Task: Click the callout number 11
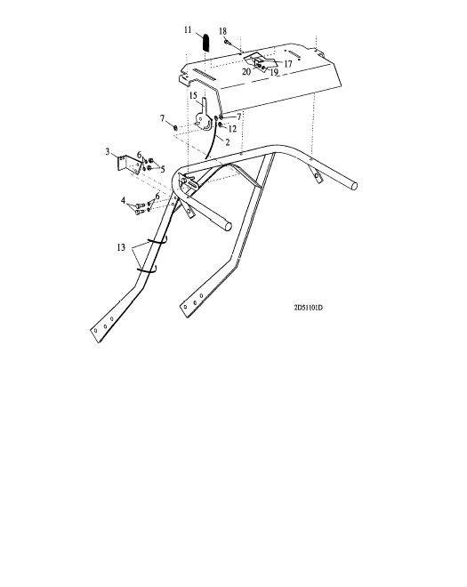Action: [x=188, y=30]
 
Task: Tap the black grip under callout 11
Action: [x=206, y=43]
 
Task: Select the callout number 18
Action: [x=223, y=31]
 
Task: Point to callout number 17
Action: [x=287, y=64]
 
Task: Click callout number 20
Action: [x=246, y=71]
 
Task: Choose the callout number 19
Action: [x=274, y=72]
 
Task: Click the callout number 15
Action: [x=193, y=95]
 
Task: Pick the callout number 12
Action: [x=232, y=129]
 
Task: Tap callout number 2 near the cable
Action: [x=228, y=142]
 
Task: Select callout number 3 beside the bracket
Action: [x=108, y=151]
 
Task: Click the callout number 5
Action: [x=163, y=170]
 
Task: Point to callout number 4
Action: [x=123, y=201]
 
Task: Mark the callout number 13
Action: [x=121, y=247]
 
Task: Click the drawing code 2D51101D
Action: [x=308, y=308]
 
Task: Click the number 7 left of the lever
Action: [x=162, y=118]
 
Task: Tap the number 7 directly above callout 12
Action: [x=239, y=117]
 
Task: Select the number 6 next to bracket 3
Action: [x=140, y=155]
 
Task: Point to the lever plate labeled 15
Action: [x=204, y=115]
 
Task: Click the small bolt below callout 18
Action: [x=227, y=42]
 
